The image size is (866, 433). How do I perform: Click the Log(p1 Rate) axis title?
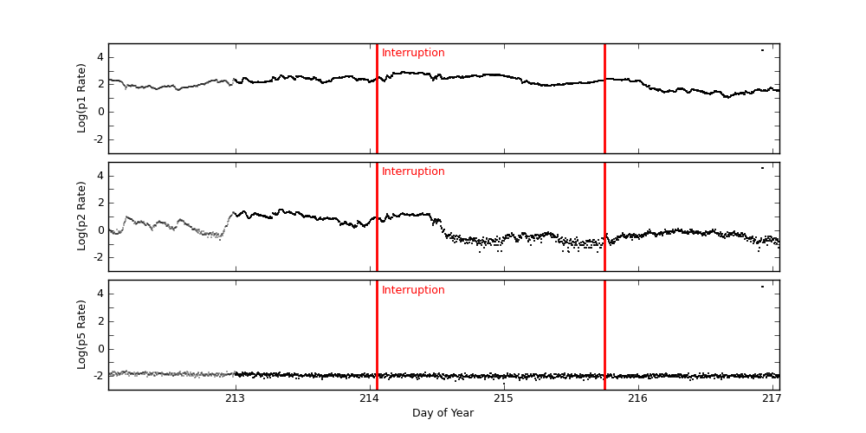(x=82, y=98)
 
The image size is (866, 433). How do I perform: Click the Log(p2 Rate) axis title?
(x=82, y=216)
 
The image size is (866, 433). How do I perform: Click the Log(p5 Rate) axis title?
(x=82, y=334)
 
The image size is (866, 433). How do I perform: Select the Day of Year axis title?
(x=443, y=413)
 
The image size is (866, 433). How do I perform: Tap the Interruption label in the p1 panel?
(x=413, y=53)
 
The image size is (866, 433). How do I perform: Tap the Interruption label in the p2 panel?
(x=413, y=171)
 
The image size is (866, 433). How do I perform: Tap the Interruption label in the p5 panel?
(x=413, y=290)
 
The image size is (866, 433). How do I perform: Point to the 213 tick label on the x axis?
(x=235, y=398)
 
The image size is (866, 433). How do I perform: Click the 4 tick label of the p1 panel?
(x=100, y=57)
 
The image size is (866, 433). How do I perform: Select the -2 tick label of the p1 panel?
(x=98, y=139)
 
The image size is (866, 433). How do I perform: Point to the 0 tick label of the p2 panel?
(x=100, y=230)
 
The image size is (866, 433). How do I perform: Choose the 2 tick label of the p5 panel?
(x=100, y=321)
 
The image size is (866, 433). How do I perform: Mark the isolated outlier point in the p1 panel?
(x=762, y=50)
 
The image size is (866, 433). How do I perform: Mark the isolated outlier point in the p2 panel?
(x=762, y=168)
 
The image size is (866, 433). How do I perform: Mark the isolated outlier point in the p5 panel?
(x=762, y=287)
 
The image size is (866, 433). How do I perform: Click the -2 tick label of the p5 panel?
(x=98, y=376)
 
